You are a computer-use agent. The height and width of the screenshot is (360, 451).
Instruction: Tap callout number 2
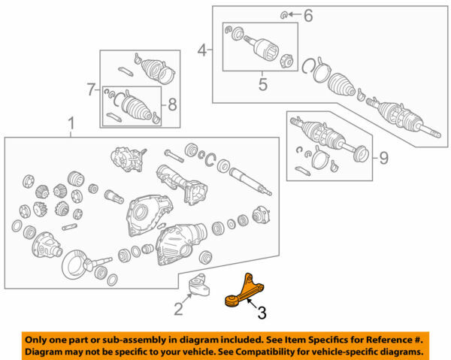178,308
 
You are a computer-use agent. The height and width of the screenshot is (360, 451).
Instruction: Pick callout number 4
201,50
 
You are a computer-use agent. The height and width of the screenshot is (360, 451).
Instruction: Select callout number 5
262,84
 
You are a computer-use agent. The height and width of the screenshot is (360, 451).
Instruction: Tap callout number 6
308,14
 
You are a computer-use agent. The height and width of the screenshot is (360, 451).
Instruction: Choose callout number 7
89,89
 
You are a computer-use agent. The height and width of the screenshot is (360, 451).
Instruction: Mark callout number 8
172,104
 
